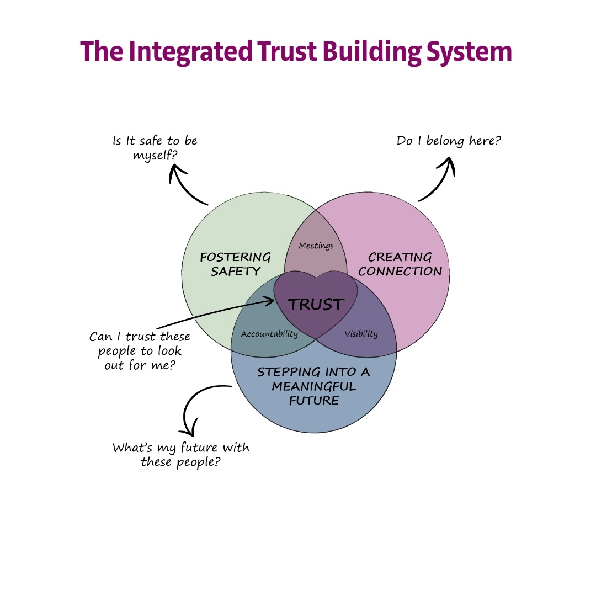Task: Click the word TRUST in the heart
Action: [x=316, y=304]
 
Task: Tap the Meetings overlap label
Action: [x=316, y=246]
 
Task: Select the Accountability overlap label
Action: [x=269, y=334]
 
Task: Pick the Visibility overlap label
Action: [x=361, y=334]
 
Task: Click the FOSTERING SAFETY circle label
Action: [x=236, y=264]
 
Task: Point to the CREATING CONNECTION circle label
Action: [x=400, y=264]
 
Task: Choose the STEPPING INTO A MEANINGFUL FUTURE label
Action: [x=313, y=386]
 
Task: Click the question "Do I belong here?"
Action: [x=449, y=141]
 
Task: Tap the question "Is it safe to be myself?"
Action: [x=155, y=148]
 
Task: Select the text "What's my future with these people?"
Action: [x=181, y=454]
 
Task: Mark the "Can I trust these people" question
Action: [x=140, y=350]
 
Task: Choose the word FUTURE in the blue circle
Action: [x=313, y=400]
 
